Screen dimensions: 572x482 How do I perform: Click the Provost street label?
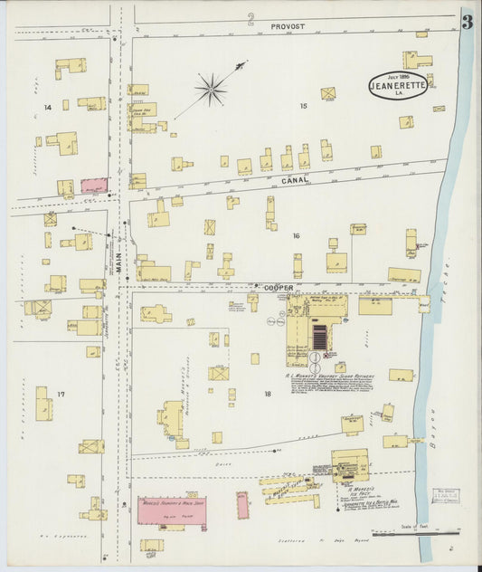(x=288, y=28)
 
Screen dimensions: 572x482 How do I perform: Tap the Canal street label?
(x=294, y=179)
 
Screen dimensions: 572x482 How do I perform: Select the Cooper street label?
(x=279, y=287)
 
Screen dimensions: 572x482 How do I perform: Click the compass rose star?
(x=211, y=88)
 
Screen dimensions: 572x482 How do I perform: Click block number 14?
(x=47, y=108)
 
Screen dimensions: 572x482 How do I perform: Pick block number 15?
(x=304, y=107)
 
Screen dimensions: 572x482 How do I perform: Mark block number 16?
(x=295, y=235)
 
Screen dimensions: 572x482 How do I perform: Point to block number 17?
(x=61, y=395)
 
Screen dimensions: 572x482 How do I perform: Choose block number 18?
(x=268, y=394)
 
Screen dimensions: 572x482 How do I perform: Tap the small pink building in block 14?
(x=94, y=186)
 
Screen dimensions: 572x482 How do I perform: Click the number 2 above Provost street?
(x=250, y=18)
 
